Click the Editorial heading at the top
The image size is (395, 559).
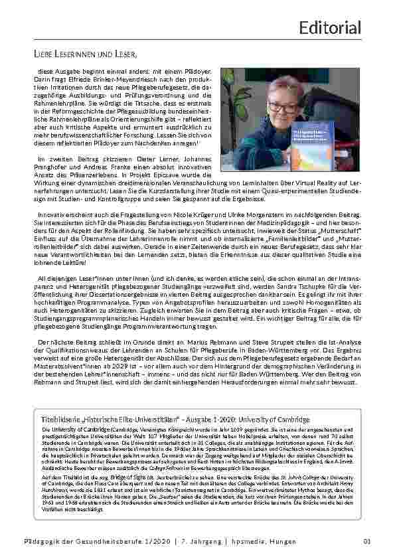click(x=330, y=28)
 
